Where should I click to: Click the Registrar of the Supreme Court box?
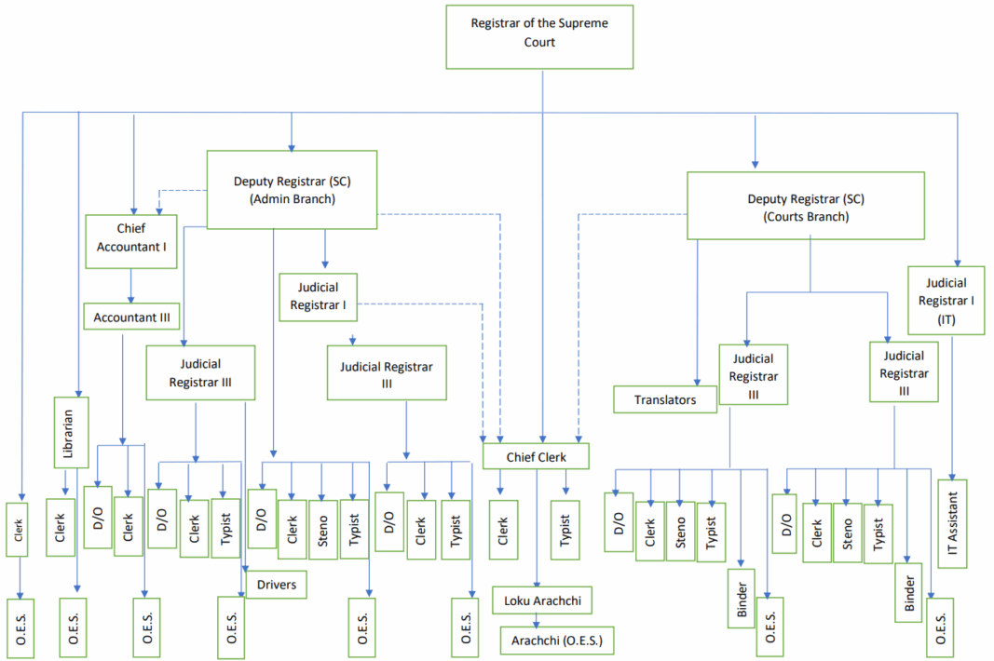[539, 35]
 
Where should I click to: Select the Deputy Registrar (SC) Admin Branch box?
[291, 189]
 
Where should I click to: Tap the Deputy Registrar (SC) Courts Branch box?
[805, 206]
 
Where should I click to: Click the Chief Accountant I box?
[131, 241]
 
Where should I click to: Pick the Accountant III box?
[131, 317]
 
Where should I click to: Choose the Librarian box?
[70, 432]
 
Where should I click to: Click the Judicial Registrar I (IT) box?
[946, 300]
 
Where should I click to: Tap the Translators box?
[665, 399]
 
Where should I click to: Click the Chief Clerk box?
[537, 457]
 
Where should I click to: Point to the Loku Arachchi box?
[542, 600]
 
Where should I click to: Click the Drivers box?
[277, 585]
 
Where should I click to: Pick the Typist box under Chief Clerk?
[565, 529]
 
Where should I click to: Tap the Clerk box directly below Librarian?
[60, 528]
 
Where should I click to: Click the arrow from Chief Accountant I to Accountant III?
[131, 286]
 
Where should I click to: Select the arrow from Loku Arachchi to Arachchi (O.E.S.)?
[537, 620]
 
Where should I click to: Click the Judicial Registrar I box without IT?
[318, 296]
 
